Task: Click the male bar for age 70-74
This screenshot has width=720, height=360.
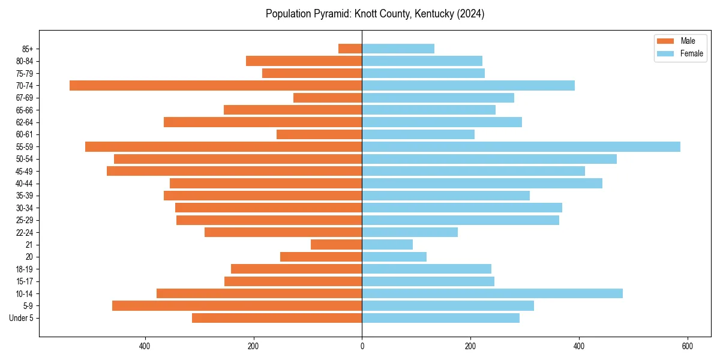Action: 215,85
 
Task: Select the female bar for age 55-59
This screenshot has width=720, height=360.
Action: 521,146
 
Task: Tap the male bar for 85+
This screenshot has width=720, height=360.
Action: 350,49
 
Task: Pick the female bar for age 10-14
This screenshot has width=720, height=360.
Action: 492,293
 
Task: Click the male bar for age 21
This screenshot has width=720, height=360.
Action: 336,244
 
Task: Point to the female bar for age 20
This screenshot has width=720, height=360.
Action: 394,257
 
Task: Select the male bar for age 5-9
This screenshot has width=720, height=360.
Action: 237,305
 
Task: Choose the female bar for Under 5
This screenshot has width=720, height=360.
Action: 440,318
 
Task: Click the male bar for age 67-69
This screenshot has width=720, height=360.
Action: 328,98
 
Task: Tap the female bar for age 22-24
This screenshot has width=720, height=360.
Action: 410,232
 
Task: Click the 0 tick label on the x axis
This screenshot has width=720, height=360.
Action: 362,346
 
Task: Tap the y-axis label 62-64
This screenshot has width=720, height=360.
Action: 25,122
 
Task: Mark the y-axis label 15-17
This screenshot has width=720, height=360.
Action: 25,281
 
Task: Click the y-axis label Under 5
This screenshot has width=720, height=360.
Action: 21,318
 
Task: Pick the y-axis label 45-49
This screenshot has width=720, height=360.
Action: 25,171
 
